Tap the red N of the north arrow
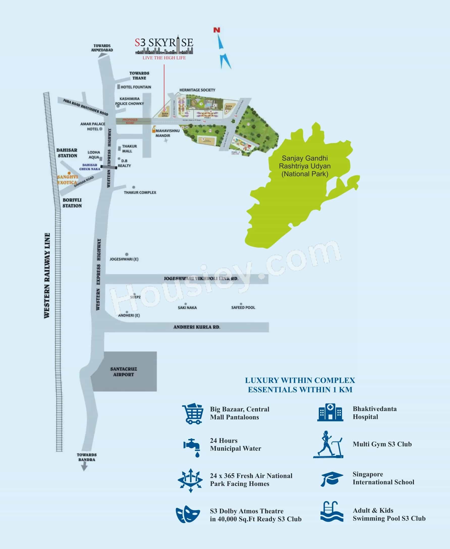(x=217, y=30)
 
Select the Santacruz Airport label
(x=123, y=372)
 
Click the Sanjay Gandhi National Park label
(x=305, y=166)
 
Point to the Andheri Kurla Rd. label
(x=197, y=327)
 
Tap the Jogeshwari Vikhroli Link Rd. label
(x=201, y=279)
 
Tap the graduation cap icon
(x=332, y=479)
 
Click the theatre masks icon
(x=188, y=514)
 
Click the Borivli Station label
(x=72, y=203)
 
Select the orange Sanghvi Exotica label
(x=67, y=180)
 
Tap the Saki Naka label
(x=187, y=308)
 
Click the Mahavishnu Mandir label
(x=167, y=133)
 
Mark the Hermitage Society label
(x=197, y=90)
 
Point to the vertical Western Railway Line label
(x=47, y=276)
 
